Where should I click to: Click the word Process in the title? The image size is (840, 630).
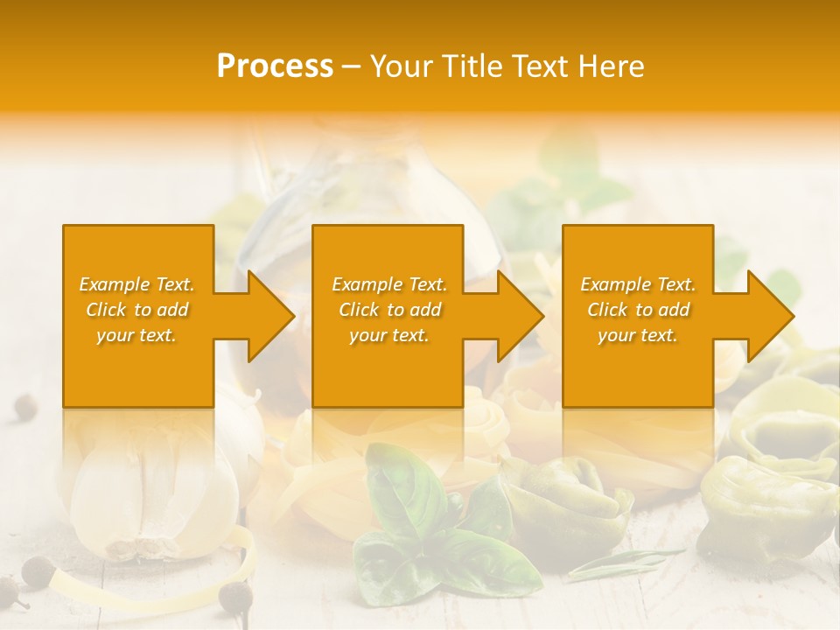click(275, 66)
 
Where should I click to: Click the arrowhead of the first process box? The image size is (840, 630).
click(270, 316)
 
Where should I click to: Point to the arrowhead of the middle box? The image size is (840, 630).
click(520, 316)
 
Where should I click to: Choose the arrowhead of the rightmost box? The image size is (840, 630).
click(770, 316)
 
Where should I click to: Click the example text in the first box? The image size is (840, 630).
click(137, 310)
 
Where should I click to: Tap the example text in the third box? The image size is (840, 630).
click(638, 310)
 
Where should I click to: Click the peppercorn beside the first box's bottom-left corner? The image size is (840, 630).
click(26, 405)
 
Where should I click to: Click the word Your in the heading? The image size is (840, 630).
click(400, 66)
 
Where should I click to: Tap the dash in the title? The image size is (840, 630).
click(351, 66)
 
